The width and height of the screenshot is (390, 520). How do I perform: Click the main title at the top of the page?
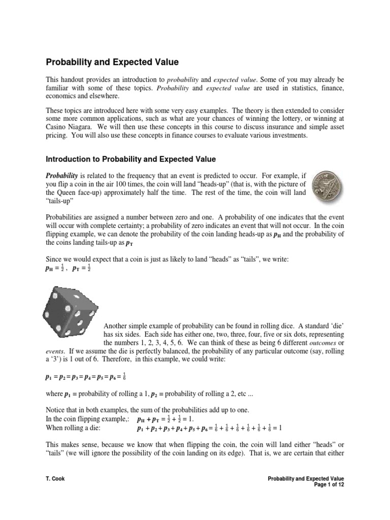click(113, 62)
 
